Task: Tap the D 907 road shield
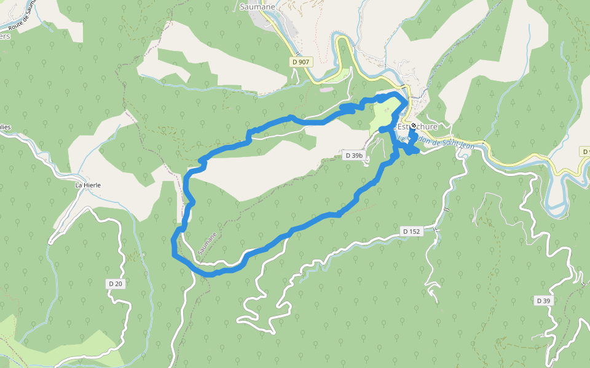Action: (x=301, y=62)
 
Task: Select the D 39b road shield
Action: (x=354, y=156)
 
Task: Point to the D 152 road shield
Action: (x=411, y=231)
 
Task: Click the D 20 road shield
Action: (x=116, y=283)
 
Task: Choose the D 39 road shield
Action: (x=543, y=301)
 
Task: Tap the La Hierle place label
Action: (x=87, y=185)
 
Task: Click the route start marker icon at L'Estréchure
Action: (x=413, y=126)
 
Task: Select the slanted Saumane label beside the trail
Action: (x=208, y=243)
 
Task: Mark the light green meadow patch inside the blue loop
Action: (x=383, y=114)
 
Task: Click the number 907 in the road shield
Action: (x=304, y=62)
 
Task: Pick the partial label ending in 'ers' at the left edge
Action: (x=5, y=36)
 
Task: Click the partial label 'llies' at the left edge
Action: (x=6, y=127)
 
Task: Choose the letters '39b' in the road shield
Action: (x=357, y=156)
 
